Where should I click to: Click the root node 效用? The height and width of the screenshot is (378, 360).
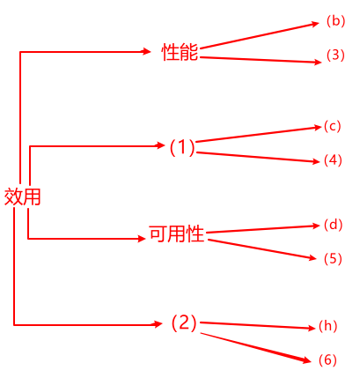(23, 196)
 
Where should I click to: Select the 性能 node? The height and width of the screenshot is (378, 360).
(180, 52)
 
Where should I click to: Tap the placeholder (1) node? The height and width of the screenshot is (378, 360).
(182, 147)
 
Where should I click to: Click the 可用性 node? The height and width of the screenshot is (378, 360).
(177, 234)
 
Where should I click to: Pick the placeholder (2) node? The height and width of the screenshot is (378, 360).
(184, 322)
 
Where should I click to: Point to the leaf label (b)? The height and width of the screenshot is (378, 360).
(336, 21)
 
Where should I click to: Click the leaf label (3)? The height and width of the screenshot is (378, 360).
(335, 56)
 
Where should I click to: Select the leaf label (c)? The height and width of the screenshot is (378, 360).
(333, 126)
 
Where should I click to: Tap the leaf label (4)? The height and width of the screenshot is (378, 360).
(333, 160)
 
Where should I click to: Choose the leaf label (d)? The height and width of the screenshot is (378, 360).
(334, 225)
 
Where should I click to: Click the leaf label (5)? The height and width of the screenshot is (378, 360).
(333, 259)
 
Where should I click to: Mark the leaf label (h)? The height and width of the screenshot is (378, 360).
(327, 326)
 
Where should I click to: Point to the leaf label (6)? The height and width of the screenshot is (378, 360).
(327, 360)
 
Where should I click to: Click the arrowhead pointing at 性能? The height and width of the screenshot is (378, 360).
(146, 52)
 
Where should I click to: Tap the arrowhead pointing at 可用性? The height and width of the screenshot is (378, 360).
(142, 239)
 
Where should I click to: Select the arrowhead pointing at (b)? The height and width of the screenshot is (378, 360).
(315, 24)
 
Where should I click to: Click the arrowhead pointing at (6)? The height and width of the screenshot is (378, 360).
(306, 360)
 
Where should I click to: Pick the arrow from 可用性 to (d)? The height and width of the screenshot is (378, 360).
(263, 229)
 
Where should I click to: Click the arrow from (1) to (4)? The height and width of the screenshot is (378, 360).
(258, 157)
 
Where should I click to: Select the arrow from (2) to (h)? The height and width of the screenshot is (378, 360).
(258, 325)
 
